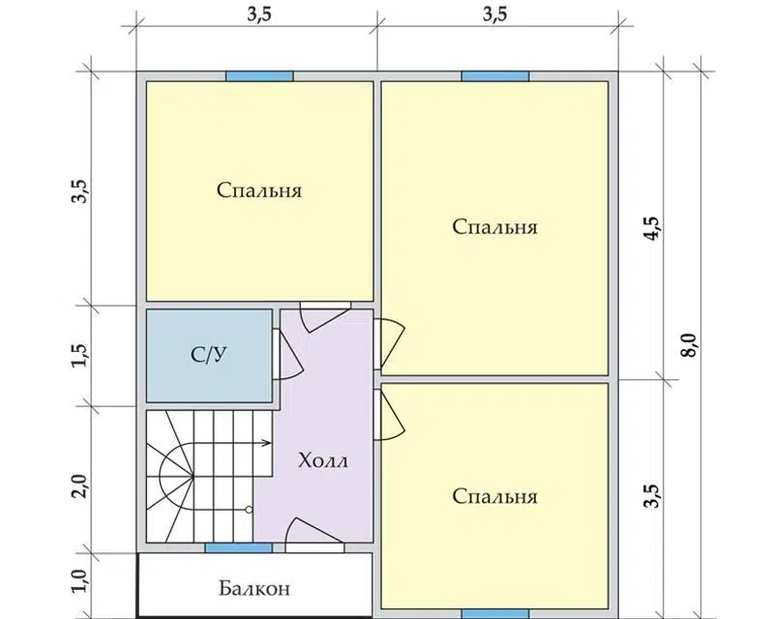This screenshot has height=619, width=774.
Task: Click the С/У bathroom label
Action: [x=209, y=354]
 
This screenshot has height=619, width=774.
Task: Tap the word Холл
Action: [x=323, y=460]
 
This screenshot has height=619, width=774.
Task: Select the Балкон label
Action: [x=254, y=588]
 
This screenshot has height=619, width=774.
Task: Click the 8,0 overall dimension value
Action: [x=689, y=344]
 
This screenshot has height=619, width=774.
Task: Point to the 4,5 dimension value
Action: [x=652, y=228]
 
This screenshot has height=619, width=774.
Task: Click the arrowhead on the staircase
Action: [x=267, y=443]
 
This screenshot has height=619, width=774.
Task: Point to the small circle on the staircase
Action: [x=249, y=510]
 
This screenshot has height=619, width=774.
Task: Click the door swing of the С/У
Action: [x=287, y=354]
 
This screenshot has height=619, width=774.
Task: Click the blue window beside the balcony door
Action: [x=238, y=547]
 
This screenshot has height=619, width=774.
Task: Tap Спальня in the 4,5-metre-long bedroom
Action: [x=494, y=227]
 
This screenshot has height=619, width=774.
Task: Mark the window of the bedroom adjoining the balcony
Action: [x=495, y=613]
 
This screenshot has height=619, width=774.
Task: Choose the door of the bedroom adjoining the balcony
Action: [x=390, y=415]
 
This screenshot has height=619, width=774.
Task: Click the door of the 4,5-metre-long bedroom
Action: [x=390, y=344]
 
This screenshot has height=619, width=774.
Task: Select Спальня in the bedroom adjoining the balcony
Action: [x=494, y=496]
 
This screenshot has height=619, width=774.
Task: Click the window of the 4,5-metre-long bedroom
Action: [x=495, y=76]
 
